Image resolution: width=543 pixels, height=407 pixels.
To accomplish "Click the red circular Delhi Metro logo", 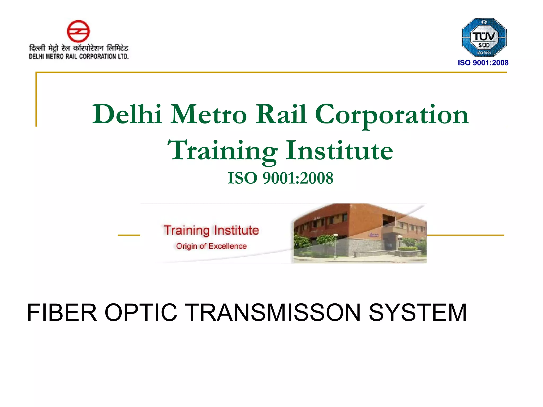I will click(78, 31).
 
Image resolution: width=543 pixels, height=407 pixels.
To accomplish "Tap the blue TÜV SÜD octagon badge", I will click(484, 37).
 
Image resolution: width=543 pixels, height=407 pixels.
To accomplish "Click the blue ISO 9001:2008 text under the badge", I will click(483, 63).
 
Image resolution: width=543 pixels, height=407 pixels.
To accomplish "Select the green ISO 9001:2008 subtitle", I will click(281, 178).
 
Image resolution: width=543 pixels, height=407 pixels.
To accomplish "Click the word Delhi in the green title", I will click(127, 114).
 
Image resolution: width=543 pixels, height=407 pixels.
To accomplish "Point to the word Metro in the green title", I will click(208, 114).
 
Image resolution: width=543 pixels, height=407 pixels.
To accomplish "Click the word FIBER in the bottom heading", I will click(62, 313).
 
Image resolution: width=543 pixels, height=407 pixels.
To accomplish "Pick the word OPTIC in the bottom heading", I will click(141, 313).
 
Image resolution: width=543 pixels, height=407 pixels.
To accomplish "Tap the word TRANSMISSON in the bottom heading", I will click(273, 313).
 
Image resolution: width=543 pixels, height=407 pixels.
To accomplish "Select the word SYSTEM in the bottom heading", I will click(418, 313).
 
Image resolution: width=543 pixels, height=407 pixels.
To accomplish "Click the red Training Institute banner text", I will click(211, 230).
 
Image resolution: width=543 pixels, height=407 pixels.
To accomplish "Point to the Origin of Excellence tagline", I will click(211, 246).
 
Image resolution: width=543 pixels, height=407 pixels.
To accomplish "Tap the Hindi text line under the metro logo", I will click(78, 48).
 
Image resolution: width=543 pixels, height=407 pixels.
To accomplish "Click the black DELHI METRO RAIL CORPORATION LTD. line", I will click(78, 56).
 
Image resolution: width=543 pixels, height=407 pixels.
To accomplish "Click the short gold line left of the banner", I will click(129, 235).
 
